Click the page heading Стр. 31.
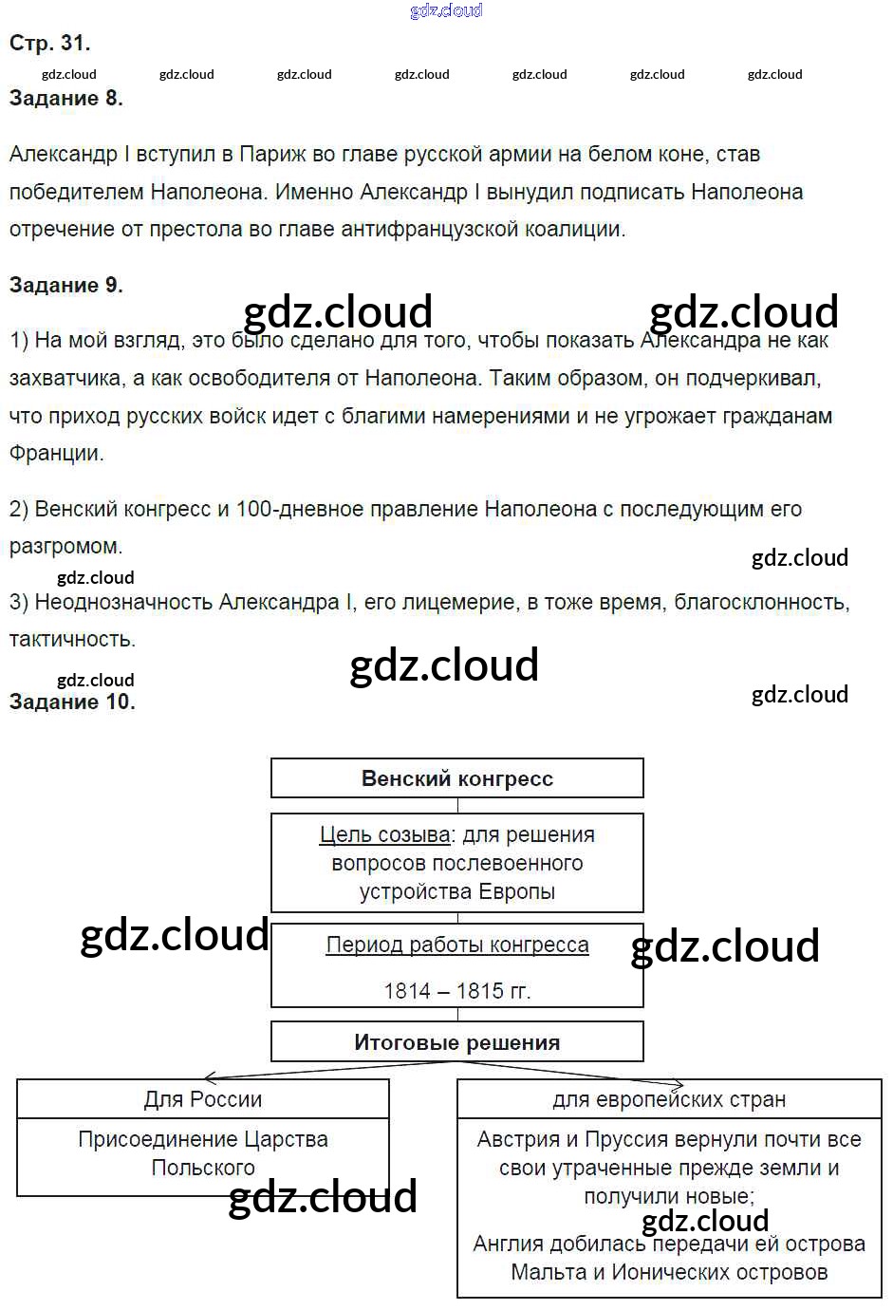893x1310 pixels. tap(49, 43)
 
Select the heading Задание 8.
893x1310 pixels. tap(65, 98)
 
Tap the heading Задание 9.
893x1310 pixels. tap(65, 285)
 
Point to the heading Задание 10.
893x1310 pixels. tap(72, 702)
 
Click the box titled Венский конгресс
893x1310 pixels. tap(456, 778)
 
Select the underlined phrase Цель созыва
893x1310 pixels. tap(384, 834)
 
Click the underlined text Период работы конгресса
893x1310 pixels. tap(456, 945)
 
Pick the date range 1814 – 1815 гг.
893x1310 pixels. tap(456, 990)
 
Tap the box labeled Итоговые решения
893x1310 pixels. tap(456, 1042)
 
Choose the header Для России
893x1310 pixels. tap(203, 1099)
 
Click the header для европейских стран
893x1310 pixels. tap(669, 1099)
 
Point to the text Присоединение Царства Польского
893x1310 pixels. tap(203, 1152)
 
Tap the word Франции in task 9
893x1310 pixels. tap(55, 453)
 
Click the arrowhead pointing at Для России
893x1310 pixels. tap(211, 1078)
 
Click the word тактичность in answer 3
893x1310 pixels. tap(72, 639)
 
